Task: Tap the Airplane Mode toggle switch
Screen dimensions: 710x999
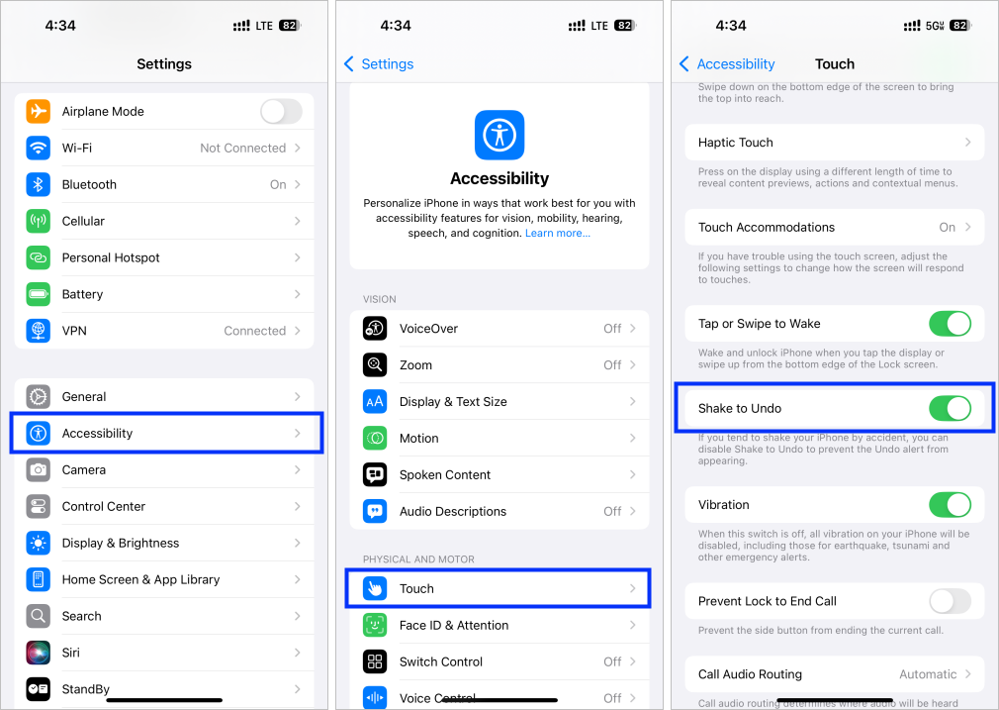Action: [281, 112]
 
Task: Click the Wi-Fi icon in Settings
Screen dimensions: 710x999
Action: [39, 149]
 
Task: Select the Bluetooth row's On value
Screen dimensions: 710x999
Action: [278, 185]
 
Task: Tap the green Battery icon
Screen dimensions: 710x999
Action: [39, 294]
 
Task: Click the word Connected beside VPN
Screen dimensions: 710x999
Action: [254, 331]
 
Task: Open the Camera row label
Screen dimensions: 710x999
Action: [84, 470]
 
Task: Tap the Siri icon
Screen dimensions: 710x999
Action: [39, 653]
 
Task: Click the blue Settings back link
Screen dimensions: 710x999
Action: [379, 64]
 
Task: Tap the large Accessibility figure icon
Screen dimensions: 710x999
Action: [499, 135]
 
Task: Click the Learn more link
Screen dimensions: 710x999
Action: [558, 234]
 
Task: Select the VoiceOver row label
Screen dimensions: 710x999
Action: [428, 329]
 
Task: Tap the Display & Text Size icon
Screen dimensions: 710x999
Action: [375, 402]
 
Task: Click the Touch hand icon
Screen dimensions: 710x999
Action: [375, 589]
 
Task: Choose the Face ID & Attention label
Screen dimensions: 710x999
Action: [454, 626]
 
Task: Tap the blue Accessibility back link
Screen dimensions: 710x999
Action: [727, 64]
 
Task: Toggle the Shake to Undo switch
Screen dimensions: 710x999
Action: [950, 409]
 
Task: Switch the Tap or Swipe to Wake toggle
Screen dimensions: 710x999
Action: [950, 324]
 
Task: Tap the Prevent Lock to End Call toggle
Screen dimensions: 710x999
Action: [950, 601]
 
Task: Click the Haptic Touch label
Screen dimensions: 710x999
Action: [736, 143]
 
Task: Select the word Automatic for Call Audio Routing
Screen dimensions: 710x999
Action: [928, 674]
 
